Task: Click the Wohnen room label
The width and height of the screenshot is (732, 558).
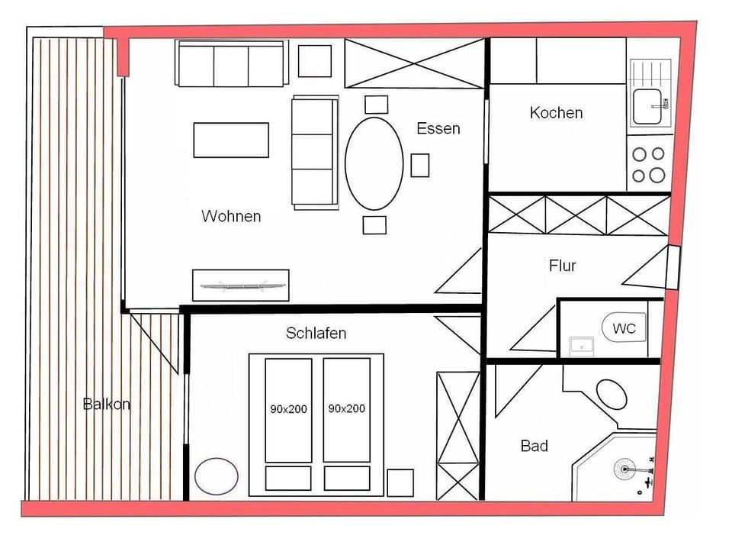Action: click(x=231, y=216)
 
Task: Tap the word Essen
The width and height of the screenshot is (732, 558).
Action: click(x=438, y=128)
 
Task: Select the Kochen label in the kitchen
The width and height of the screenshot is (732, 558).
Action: click(x=556, y=113)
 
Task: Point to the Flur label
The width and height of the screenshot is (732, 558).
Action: click(x=563, y=266)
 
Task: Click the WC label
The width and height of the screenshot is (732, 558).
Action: click(x=624, y=330)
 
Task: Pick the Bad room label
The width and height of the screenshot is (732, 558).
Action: click(x=534, y=446)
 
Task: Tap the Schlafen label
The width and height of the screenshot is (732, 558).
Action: click(x=316, y=333)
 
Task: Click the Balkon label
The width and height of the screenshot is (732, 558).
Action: click(x=106, y=404)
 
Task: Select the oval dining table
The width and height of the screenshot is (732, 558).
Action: click(x=374, y=163)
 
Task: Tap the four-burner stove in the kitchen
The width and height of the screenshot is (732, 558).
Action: click(x=648, y=164)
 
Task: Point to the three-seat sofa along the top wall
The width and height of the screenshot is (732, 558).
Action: click(x=230, y=64)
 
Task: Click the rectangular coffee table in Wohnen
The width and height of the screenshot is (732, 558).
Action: click(x=231, y=140)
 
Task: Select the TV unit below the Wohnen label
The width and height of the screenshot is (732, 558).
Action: click(x=240, y=285)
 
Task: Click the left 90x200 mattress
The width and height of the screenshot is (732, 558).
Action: click(x=288, y=409)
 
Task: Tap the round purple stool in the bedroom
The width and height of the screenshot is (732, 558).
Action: click(x=217, y=476)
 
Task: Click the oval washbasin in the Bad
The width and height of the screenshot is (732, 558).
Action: click(x=612, y=394)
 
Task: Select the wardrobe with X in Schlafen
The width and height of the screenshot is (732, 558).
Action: click(x=457, y=434)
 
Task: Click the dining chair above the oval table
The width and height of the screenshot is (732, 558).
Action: click(x=376, y=105)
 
